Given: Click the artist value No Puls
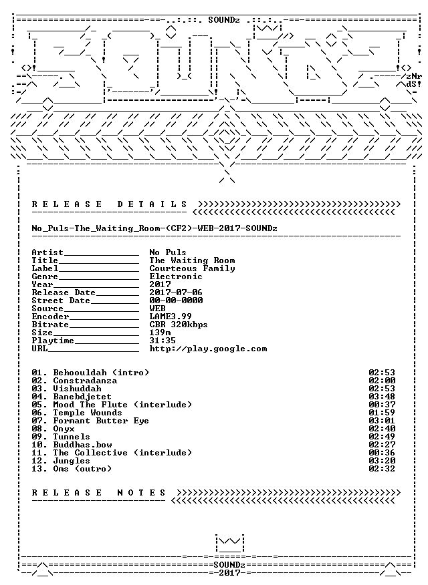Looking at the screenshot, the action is [x=168, y=252].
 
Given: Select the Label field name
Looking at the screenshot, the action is [x=45, y=268].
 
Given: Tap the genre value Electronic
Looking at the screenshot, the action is [x=176, y=276].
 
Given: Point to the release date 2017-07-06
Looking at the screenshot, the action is [x=176, y=292].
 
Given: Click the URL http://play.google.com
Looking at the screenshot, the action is [x=208, y=349].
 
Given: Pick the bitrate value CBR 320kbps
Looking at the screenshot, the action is [x=179, y=325].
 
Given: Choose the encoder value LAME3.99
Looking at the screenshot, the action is [x=171, y=317].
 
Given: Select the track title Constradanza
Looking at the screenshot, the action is [x=85, y=381].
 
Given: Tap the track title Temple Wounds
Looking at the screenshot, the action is [x=88, y=413].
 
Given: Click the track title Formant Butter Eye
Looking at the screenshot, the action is [x=101, y=421].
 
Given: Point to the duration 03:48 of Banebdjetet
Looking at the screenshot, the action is [x=382, y=397].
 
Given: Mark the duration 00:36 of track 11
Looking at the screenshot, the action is [x=382, y=453].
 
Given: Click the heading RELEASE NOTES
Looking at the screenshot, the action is [x=98, y=493].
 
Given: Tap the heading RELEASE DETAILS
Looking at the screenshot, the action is [x=109, y=204].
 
